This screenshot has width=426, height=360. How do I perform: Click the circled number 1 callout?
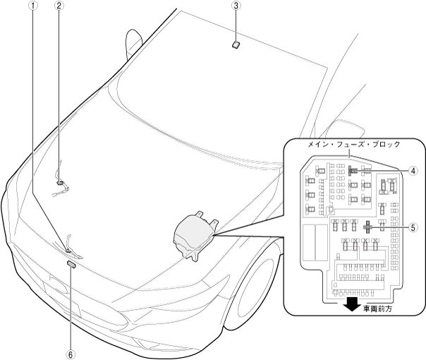click(x=31, y=6)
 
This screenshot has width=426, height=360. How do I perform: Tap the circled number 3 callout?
click(x=237, y=6)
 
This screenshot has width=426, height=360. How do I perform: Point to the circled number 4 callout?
click(x=414, y=170)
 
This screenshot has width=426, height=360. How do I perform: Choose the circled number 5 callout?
click(x=414, y=228)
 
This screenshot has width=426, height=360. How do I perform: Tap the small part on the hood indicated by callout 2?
click(x=61, y=182)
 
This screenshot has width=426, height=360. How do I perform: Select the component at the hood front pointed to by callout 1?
click(x=71, y=248)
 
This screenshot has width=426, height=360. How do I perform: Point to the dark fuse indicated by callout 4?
click(x=351, y=169)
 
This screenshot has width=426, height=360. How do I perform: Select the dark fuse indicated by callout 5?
click(x=368, y=227)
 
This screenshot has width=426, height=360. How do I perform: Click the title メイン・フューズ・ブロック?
click(x=353, y=144)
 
